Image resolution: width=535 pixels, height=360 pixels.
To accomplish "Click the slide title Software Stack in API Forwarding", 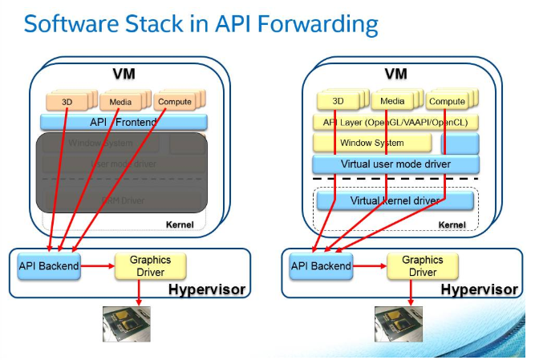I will [201, 23].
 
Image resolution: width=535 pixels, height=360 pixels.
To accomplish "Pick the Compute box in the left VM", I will [174, 102].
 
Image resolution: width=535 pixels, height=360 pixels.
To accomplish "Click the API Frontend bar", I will [124, 122].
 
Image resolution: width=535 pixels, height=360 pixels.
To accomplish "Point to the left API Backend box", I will [50, 266].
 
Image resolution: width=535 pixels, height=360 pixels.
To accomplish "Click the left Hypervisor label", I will [206, 289].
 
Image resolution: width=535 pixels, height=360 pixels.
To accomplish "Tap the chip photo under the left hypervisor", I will [128, 322].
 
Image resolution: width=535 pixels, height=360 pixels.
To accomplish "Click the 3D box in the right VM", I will [338, 102].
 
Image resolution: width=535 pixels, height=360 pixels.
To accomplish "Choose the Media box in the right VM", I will [392, 102].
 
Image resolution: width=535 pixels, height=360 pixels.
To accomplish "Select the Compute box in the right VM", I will [447, 102].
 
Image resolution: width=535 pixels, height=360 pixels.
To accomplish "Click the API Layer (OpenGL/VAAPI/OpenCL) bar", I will [395, 123].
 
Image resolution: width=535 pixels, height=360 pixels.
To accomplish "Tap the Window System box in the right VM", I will [371, 144].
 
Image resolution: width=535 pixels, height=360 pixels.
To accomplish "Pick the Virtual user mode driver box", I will [395, 164].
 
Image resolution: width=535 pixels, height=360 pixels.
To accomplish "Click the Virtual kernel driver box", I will [395, 200].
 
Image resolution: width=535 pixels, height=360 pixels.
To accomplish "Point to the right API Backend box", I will [322, 266].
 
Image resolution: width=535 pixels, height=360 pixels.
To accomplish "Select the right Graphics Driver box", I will [422, 266].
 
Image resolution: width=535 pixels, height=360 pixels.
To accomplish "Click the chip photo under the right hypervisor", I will [399, 322].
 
